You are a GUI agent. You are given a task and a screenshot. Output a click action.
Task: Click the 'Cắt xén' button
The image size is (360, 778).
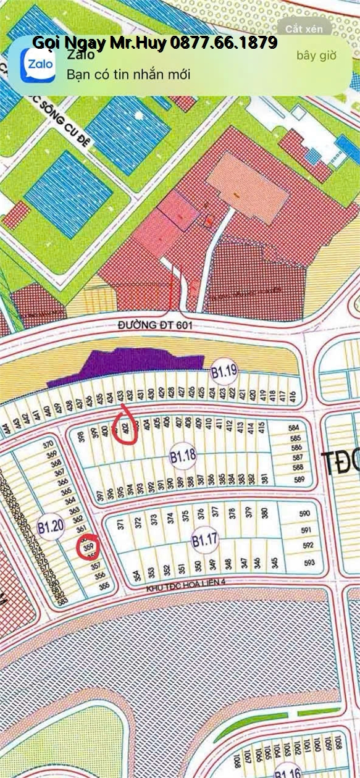[304, 29]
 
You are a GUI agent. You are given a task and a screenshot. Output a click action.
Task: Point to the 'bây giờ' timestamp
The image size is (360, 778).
[316, 56]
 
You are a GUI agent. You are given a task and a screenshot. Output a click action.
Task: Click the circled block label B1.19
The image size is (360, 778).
[224, 372]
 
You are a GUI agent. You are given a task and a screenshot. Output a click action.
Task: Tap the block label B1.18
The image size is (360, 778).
[183, 456]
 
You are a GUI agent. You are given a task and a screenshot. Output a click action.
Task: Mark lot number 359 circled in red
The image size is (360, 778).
[88, 546]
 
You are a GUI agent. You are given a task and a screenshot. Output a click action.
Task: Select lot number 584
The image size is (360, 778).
[294, 427]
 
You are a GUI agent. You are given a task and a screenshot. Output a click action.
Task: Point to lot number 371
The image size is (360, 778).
[122, 524]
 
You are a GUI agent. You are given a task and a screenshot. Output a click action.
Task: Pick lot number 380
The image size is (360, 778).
[265, 512]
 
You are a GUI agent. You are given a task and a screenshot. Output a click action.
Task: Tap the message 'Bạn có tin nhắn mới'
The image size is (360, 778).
[128, 75]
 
